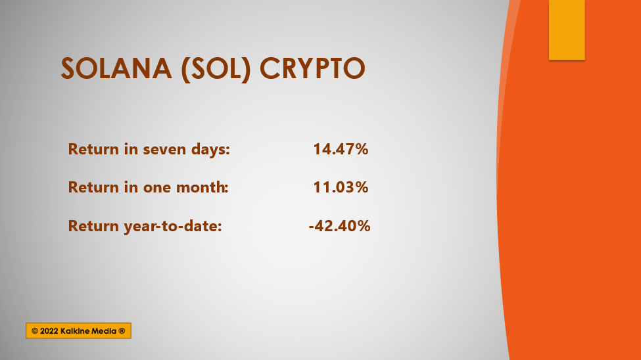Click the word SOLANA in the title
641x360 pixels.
(116, 68)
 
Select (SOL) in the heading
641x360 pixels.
(216, 68)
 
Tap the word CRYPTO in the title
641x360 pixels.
(312, 68)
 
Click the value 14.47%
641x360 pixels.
(341, 149)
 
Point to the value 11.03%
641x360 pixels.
(341, 187)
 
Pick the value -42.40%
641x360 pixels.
(339, 225)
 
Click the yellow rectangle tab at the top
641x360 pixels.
(567, 30)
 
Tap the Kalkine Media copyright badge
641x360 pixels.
(78, 331)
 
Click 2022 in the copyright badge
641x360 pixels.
(49, 331)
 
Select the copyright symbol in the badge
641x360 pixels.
(35, 331)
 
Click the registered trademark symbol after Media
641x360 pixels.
(122, 331)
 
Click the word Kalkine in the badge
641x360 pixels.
(75, 331)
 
